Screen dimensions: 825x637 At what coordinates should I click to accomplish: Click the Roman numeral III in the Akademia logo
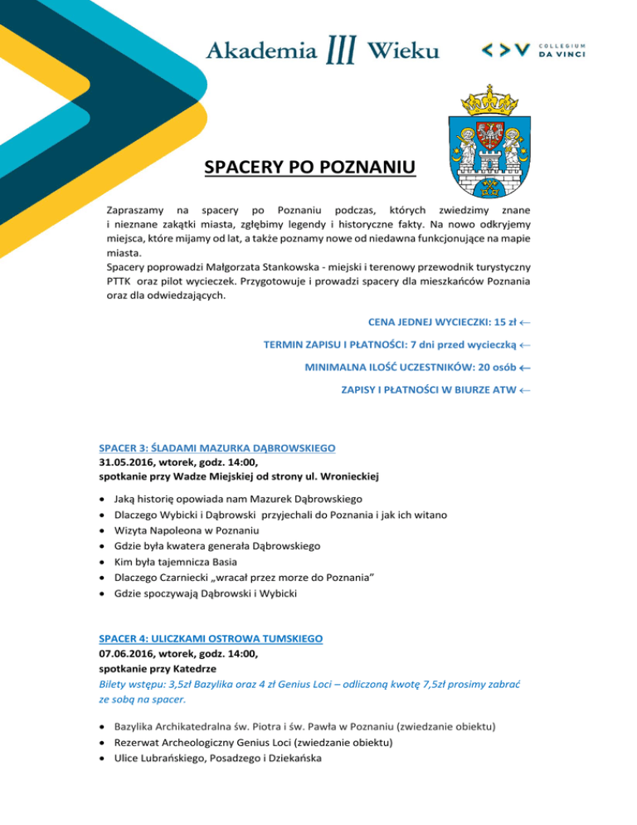coord(342,49)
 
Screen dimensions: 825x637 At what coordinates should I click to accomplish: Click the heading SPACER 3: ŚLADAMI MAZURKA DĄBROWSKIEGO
coord(216,448)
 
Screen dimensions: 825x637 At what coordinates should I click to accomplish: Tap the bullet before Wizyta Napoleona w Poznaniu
coord(102,530)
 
